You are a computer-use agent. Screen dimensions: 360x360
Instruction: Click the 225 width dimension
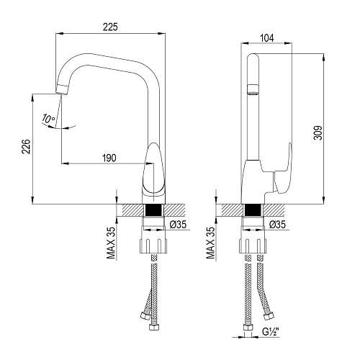[x=110, y=27]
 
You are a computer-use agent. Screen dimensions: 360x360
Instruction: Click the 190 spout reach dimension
[x=109, y=158]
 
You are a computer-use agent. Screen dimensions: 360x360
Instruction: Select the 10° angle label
[x=48, y=118]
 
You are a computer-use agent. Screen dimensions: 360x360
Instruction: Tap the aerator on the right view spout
[x=252, y=89]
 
